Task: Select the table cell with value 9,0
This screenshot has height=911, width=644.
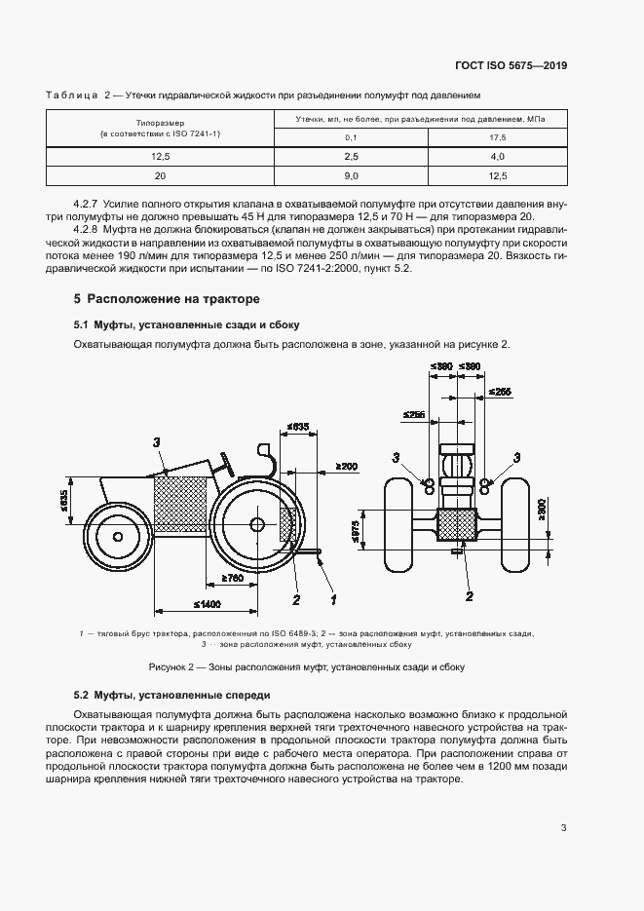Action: click(352, 175)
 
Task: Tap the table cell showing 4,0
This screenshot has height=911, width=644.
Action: click(497, 156)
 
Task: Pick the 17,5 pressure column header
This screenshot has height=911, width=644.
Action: click(497, 137)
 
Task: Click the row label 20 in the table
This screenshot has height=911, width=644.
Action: click(160, 175)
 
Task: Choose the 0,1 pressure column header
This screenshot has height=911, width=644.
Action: click(352, 137)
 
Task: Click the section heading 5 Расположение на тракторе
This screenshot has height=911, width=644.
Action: click(167, 298)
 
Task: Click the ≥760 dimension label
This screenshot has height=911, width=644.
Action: click(232, 580)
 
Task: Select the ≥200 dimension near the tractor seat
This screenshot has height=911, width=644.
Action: click(346, 467)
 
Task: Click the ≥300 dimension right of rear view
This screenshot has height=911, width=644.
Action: click(542, 508)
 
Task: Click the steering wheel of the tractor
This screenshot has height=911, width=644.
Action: click(226, 459)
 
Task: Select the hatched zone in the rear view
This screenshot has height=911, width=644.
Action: click(455, 526)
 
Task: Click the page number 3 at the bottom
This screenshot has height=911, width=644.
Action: click(563, 828)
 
